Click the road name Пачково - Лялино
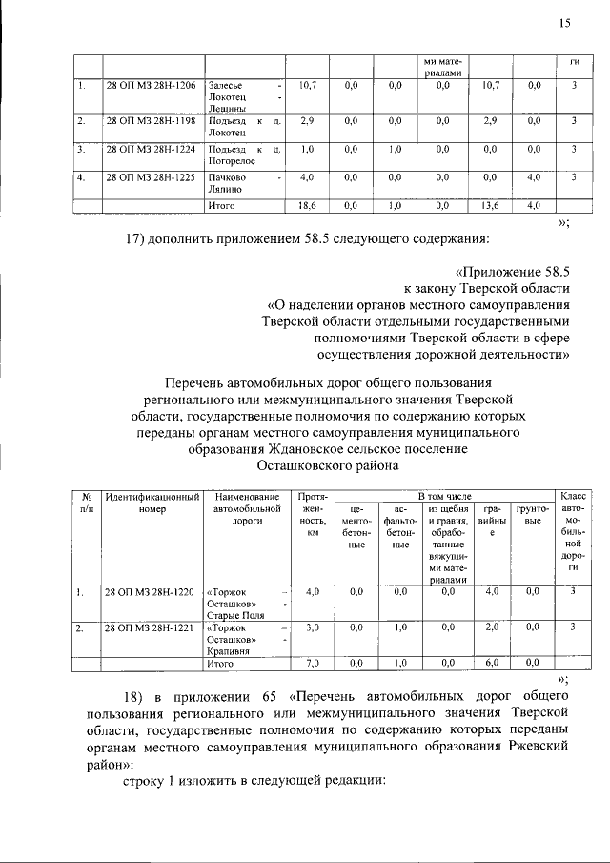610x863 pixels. coord(244,183)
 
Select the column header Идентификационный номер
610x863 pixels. coord(152,503)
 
